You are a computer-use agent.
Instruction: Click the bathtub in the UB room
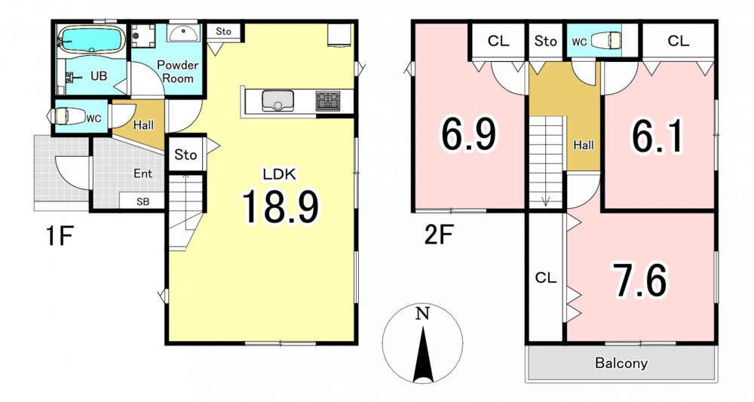(91, 39)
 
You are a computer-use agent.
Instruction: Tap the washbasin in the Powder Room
(183, 33)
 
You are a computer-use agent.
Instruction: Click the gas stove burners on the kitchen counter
(327, 101)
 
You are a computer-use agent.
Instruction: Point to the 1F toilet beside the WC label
(66, 116)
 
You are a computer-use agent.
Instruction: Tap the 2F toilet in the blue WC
(604, 41)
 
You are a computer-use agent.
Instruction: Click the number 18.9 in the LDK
(280, 207)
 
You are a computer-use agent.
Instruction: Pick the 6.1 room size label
(657, 137)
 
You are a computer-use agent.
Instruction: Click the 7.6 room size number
(639, 281)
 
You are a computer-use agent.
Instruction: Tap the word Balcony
(621, 363)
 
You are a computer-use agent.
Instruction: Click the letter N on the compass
(422, 314)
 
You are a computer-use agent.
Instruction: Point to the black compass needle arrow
(423, 354)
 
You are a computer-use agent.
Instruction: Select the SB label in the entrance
(143, 202)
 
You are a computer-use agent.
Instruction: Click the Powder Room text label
(178, 72)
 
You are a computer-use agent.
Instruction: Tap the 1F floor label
(60, 237)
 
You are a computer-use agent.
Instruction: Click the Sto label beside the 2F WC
(545, 41)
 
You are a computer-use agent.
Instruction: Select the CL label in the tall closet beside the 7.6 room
(546, 278)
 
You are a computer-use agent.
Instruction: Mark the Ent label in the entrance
(143, 173)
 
